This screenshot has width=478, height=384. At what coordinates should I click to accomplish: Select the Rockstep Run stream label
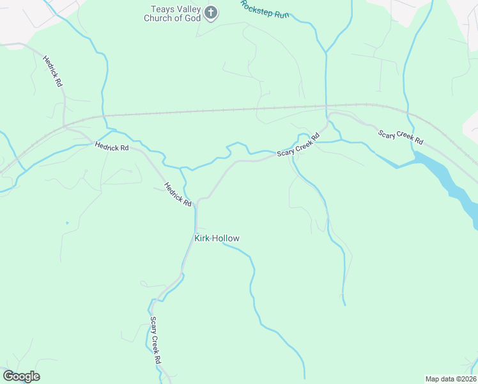[x=265, y=9]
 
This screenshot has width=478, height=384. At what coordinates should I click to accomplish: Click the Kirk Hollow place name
[x=217, y=239]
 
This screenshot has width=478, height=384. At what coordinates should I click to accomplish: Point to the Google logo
[x=21, y=376]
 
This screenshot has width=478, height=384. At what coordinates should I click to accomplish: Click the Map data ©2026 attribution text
[x=451, y=378]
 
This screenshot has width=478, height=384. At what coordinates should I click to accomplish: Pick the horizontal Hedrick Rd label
[x=112, y=147]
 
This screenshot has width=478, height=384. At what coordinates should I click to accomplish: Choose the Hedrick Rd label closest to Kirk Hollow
[x=178, y=195]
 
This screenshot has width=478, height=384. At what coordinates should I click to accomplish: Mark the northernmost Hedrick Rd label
[x=52, y=71]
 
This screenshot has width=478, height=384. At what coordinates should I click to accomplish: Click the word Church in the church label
[x=160, y=18]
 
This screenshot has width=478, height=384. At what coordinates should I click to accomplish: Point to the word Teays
[x=163, y=9]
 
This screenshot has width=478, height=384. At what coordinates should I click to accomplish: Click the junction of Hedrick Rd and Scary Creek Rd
[x=196, y=204]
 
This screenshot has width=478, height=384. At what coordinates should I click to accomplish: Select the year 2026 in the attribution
[x=466, y=378]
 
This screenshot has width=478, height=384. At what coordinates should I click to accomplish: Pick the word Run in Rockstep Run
[x=282, y=14]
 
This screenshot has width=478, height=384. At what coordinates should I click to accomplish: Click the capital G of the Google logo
[x=9, y=376]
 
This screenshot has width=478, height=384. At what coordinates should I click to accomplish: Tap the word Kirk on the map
[x=202, y=239]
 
